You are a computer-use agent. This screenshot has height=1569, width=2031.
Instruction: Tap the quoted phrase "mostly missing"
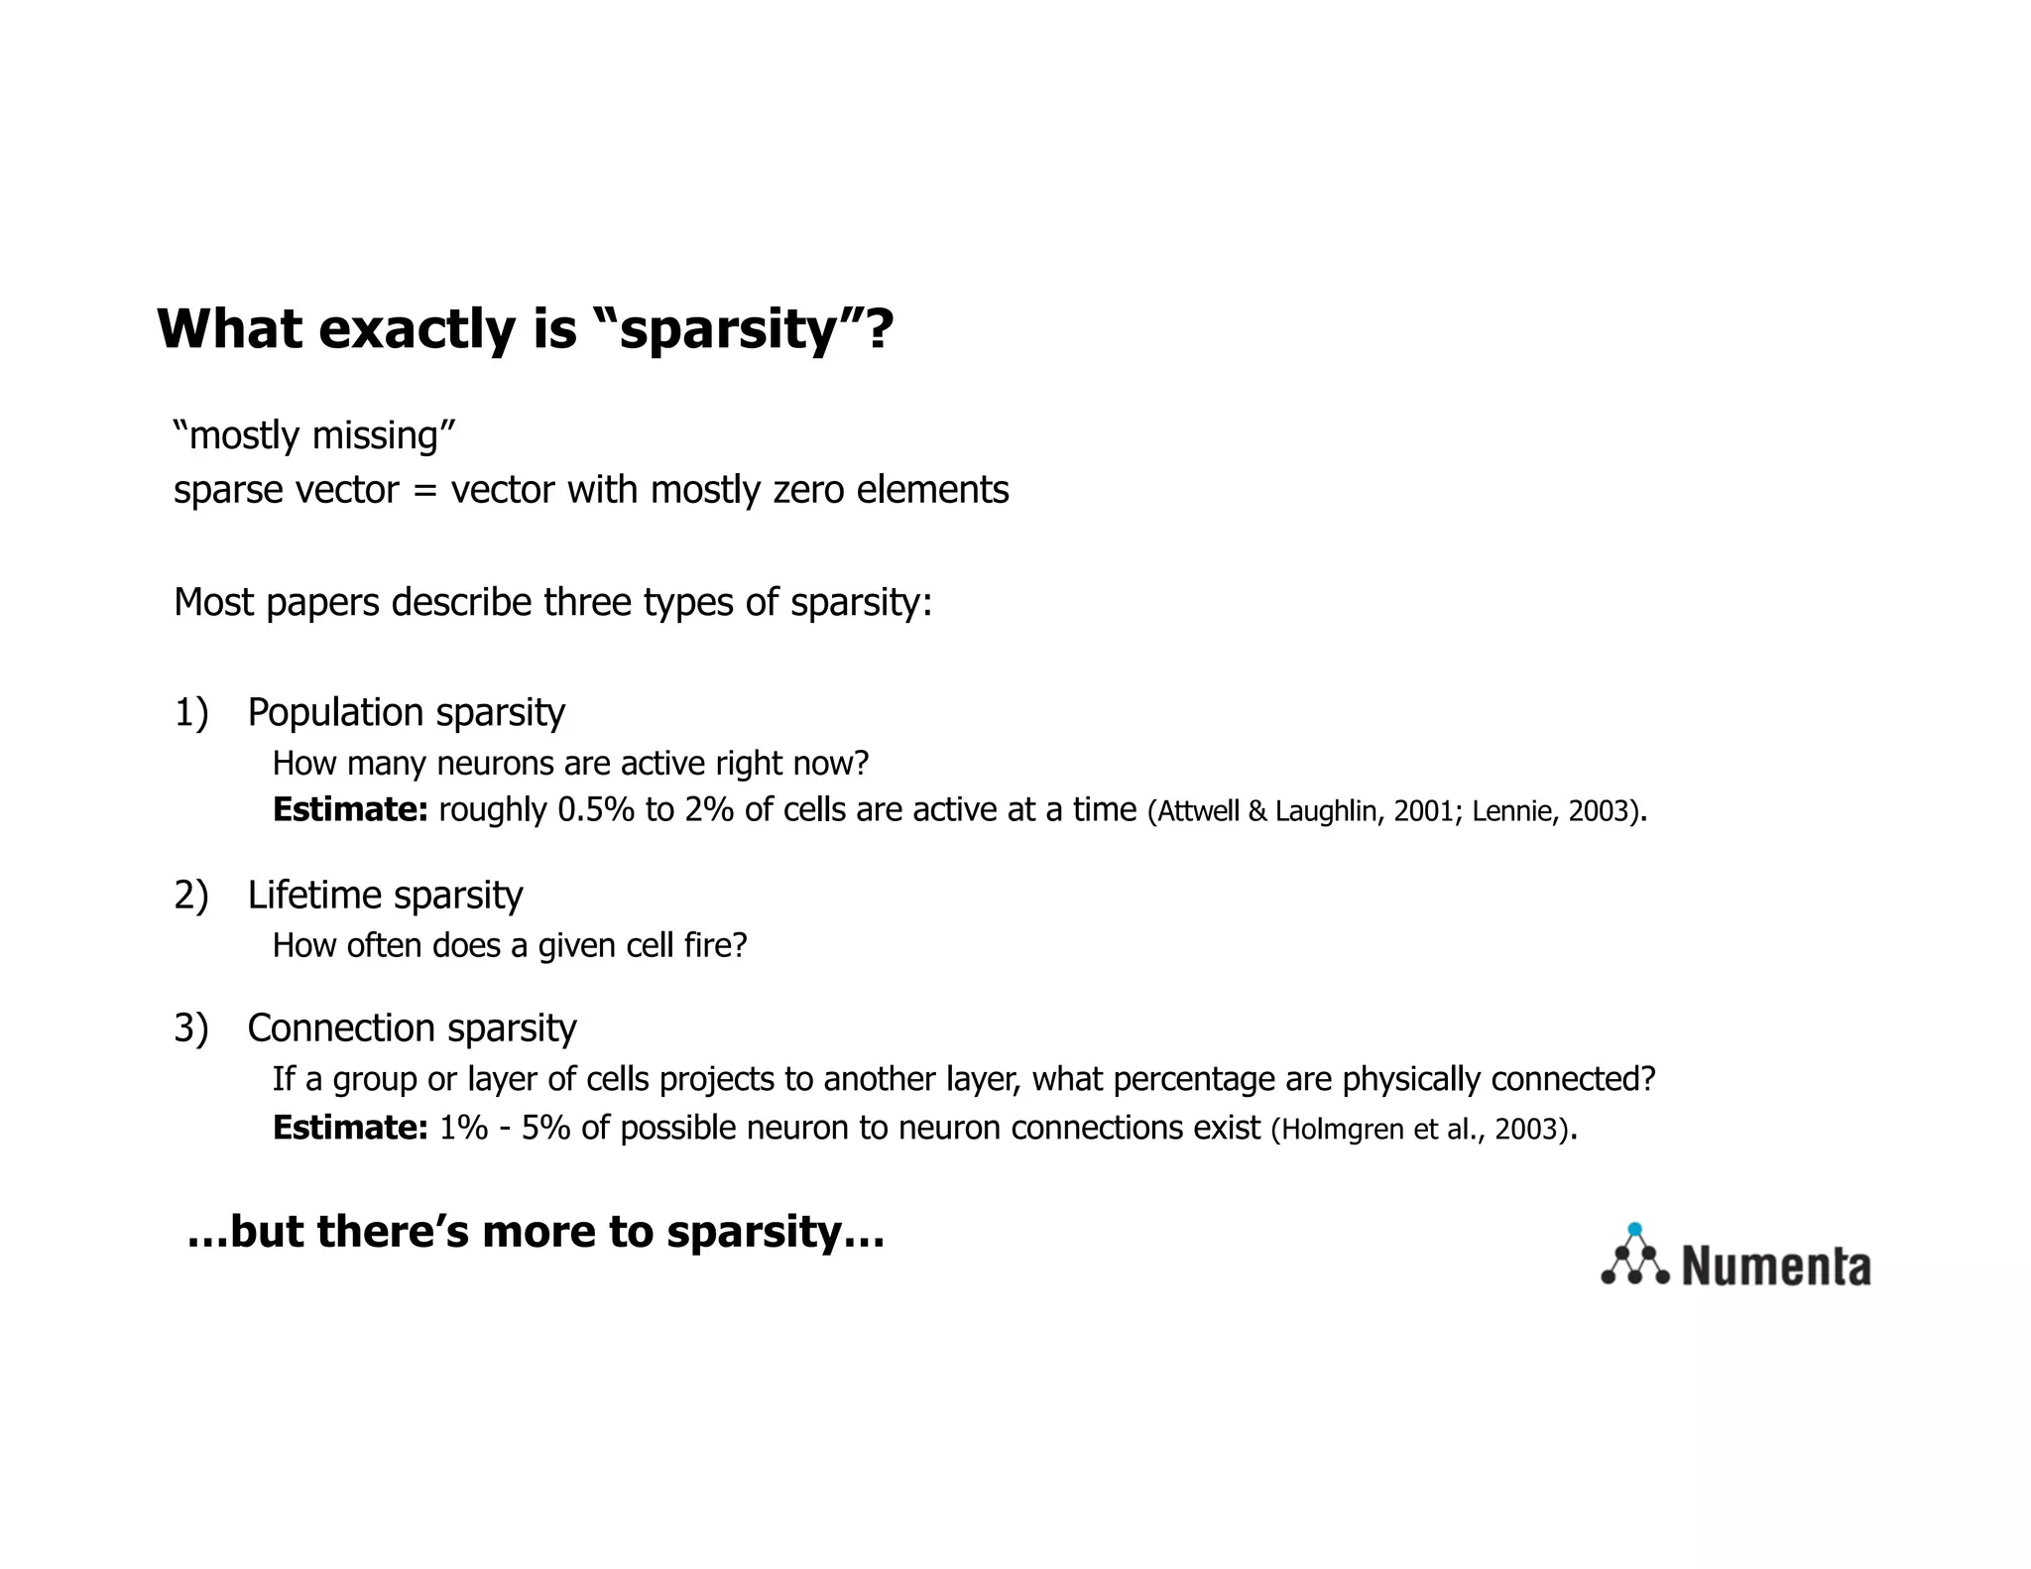point(313,435)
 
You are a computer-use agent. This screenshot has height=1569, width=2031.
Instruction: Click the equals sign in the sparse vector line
point(424,490)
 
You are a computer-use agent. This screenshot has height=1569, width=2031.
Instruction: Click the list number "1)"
point(191,712)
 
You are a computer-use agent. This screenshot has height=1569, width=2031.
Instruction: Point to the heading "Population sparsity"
point(406,712)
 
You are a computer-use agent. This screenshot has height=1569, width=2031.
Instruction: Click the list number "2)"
point(191,895)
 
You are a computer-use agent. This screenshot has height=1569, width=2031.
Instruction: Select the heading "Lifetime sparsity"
point(385,895)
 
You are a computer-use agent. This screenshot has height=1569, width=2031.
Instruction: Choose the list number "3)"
point(191,1027)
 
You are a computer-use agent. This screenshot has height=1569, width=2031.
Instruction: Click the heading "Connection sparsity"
point(412,1027)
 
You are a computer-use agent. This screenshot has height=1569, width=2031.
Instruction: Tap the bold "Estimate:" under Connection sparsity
point(350,1128)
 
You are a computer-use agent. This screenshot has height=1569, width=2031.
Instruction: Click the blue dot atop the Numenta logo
point(1635,1230)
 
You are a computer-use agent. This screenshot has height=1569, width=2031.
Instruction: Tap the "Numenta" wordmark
point(1776,1267)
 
